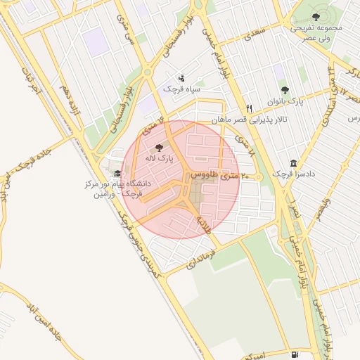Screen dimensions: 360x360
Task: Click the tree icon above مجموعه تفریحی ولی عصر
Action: tap(315, 17)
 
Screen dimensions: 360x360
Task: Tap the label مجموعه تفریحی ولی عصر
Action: tap(316, 32)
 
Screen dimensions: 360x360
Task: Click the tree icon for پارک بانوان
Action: tap(285, 90)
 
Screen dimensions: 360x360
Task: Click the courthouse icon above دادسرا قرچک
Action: tap(293, 161)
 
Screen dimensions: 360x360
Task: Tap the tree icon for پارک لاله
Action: tap(157, 148)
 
